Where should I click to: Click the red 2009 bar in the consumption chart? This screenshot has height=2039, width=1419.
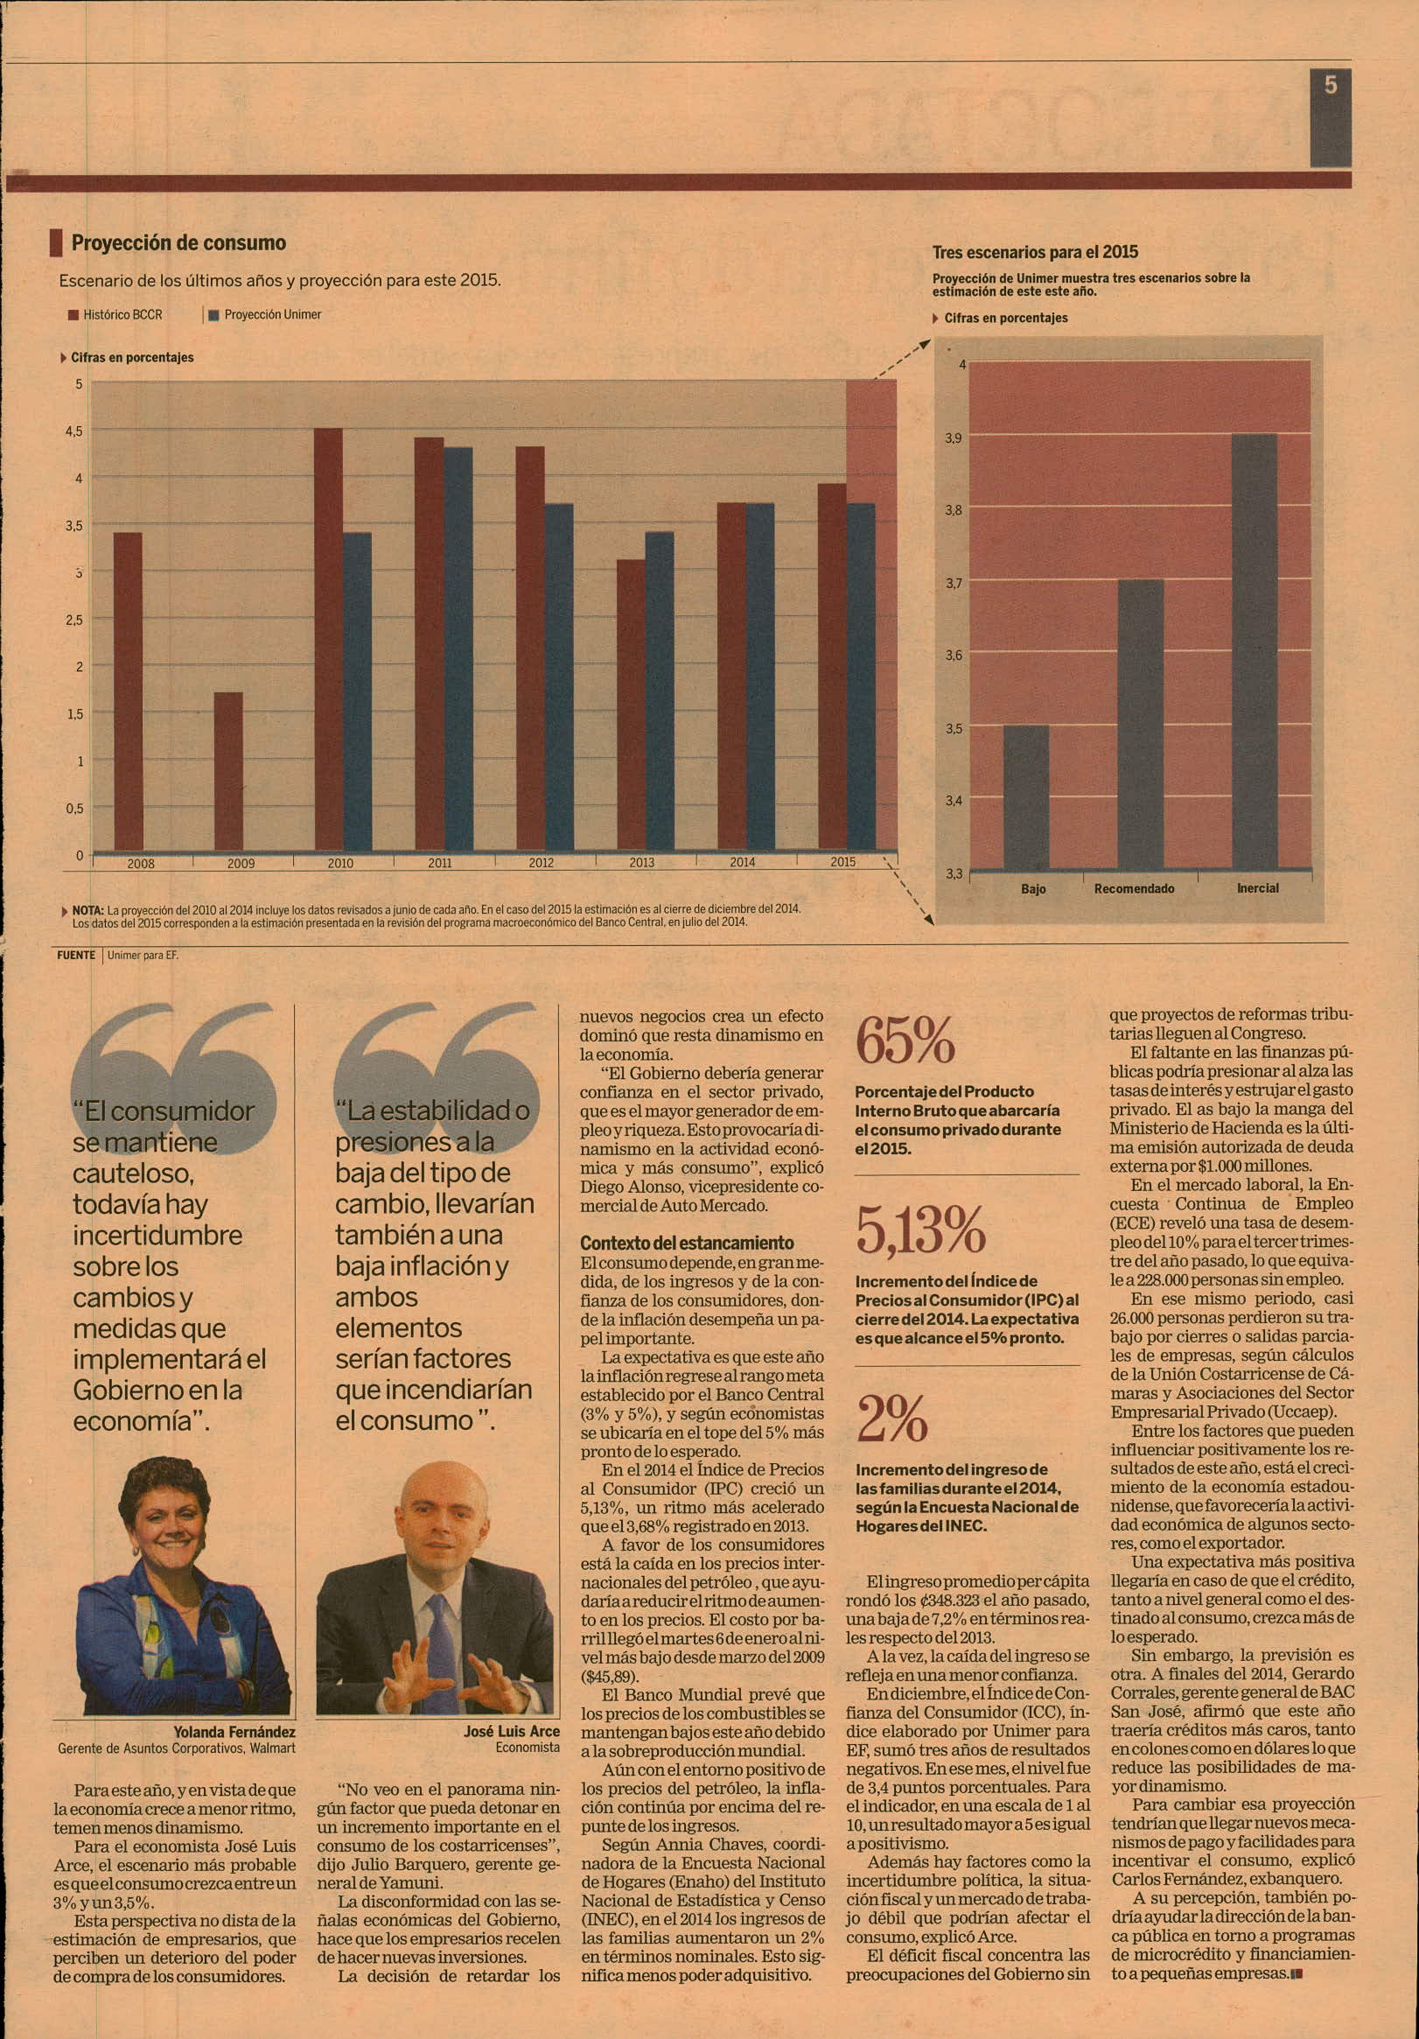click(x=228, y=771)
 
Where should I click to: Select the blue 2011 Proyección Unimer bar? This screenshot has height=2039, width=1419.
click(x=458, y=648)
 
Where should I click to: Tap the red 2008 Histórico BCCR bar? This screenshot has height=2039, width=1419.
click(x=128, y=692)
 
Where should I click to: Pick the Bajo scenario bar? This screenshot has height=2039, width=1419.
click(x=1025, y=797)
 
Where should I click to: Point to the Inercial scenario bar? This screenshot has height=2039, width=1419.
click(x=1255, y=652)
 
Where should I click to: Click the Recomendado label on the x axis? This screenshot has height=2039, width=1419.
click(x=1134, y=888)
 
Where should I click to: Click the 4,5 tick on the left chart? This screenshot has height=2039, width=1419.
click(x=73, y=431)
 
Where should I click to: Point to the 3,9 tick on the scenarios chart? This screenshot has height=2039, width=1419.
click(x=953, y=438)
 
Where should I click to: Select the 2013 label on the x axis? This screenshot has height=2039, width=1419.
click(x=641, y=862)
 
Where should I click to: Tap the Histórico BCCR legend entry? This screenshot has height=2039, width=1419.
click(x=115, y=314)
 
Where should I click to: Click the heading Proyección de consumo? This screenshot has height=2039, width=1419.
click(x=178, y=242)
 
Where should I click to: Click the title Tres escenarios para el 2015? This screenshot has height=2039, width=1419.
click(x=1034, y=251)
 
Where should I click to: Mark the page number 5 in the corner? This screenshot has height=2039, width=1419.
click(x=1330, y=84)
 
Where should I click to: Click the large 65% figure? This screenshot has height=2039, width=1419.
click(x=905, y=1040)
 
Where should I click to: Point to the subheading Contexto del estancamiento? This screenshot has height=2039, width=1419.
click(x=688, y=1243)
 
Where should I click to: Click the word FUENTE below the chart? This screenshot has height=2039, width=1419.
click(x=75, y=956)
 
